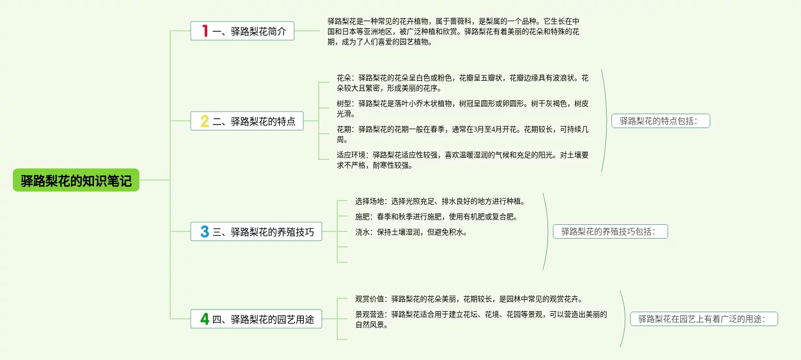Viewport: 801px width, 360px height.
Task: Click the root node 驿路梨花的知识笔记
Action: [x=76, y=181]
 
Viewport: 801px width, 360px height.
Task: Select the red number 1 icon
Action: [x=205, y=31]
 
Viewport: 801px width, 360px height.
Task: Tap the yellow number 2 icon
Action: [x=205, y=121]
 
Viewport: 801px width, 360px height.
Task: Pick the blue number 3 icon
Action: [x=205, y=232]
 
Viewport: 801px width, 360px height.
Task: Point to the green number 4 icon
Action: [x=205, y=319]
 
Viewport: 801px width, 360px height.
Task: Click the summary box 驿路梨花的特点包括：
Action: [x=660, y=121]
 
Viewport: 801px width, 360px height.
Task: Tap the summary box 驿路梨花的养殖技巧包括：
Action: [x=610, y=232]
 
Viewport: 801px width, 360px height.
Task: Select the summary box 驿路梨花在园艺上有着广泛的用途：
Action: [x=703, y=319]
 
